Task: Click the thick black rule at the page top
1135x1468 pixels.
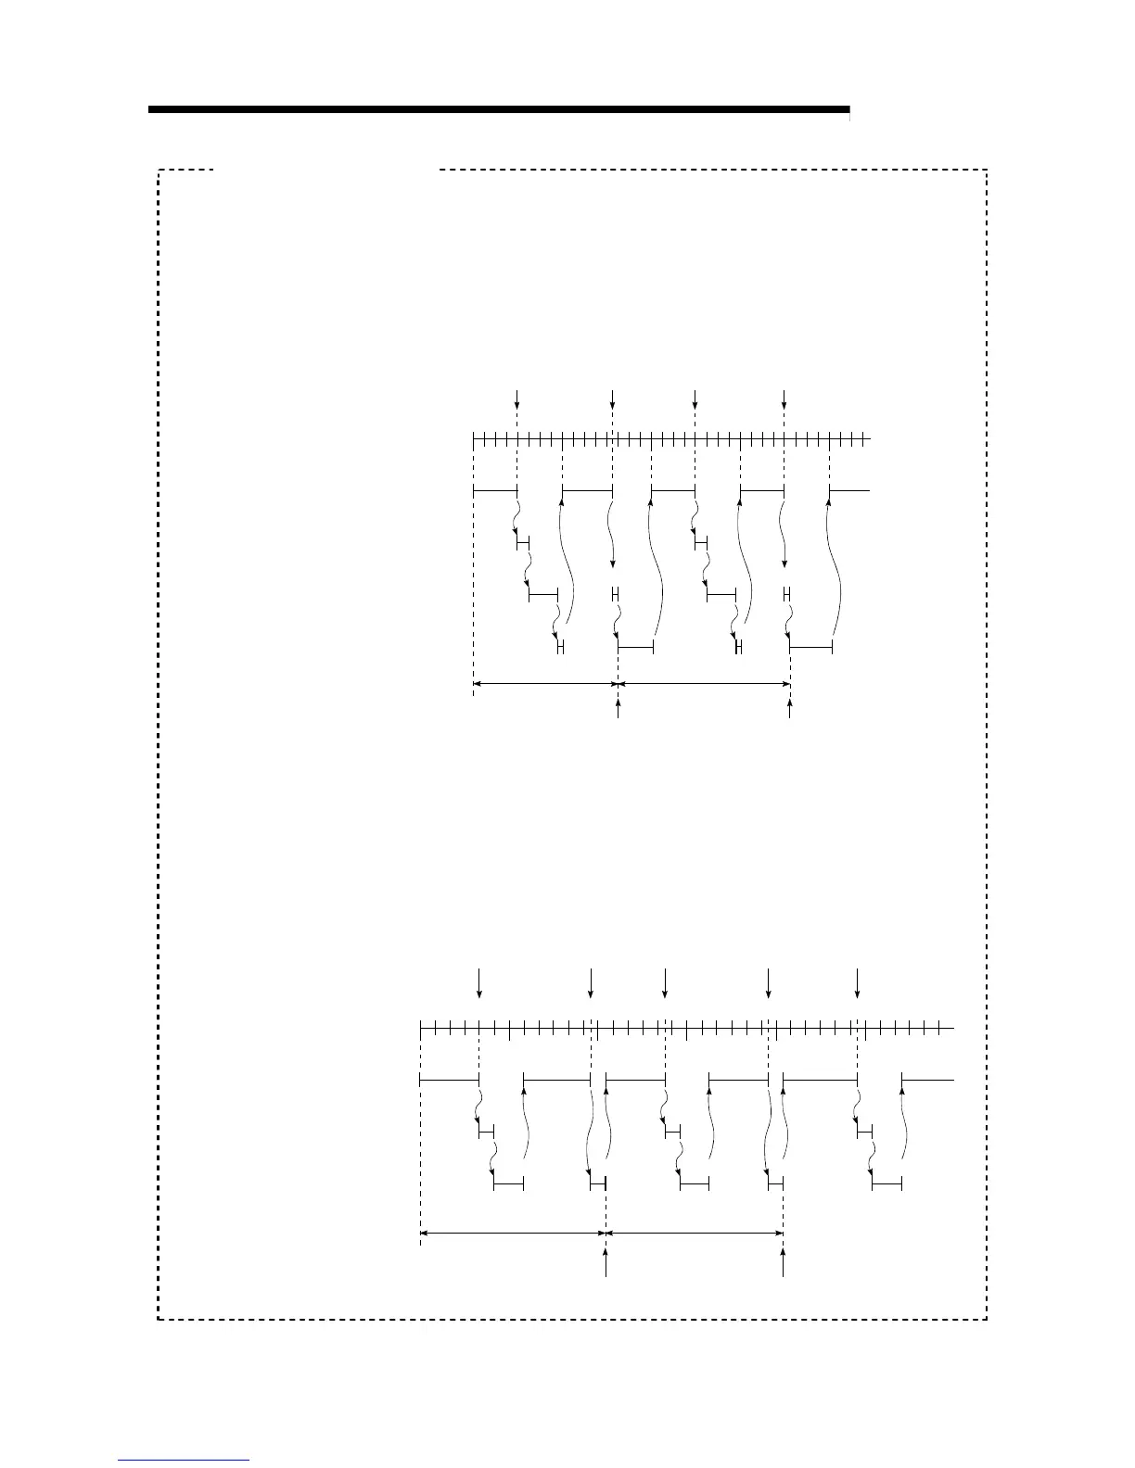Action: (x=499, y=110)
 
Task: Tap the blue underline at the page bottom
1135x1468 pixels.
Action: (x=184, y=1461)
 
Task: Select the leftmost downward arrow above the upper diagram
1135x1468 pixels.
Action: (x=517, y=400)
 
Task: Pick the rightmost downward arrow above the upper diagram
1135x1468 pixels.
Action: (x=784, y=400)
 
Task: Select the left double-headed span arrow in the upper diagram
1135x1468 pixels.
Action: (x=545, y=685)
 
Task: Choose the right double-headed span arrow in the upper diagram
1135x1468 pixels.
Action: (x=704, y=685)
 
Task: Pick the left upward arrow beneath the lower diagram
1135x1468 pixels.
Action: (x=606, y=1262)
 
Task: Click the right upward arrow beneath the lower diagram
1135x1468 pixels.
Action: (x=783, y=1262)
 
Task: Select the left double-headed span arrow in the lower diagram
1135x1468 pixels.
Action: (x=513, y=1234)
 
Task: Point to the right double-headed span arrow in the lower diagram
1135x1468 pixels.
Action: (x=695, y=1234)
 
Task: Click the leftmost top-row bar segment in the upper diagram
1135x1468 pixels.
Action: (x=495, y=488)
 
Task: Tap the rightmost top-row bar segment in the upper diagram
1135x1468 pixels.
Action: (x=849, y=488)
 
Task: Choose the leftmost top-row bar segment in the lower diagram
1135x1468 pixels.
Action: (x=449, y=1080)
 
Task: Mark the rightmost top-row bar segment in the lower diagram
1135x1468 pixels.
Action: (x=927, y=1080)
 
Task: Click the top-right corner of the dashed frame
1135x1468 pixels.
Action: (x=987, y=171)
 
